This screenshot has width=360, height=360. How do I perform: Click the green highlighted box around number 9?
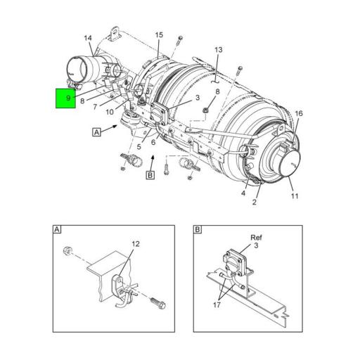65,98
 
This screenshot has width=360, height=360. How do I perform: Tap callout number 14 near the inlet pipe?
88,38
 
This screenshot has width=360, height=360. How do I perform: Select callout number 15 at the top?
159,35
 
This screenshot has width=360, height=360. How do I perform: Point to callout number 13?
219,50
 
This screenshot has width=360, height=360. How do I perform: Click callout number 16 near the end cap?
299,114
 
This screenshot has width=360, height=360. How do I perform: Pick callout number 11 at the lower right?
295,196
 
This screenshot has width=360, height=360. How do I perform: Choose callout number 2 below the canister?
255,202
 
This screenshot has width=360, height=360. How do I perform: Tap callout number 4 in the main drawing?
243,193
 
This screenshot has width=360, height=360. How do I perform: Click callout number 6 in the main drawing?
153,142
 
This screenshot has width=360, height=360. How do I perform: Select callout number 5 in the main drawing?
139,147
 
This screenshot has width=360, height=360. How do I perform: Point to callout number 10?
110,112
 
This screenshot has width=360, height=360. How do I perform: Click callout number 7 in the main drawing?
95,107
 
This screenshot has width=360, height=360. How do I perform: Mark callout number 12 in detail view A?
136,244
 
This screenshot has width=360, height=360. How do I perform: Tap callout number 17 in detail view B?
217,305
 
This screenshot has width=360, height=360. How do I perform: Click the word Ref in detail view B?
256,238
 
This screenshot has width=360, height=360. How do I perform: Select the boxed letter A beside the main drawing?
96,132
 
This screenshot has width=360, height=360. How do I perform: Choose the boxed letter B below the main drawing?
150,175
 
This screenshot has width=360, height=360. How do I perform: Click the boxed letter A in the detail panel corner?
57,229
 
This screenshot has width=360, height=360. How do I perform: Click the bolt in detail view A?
157,303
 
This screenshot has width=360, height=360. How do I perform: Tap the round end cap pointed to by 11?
289,162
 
